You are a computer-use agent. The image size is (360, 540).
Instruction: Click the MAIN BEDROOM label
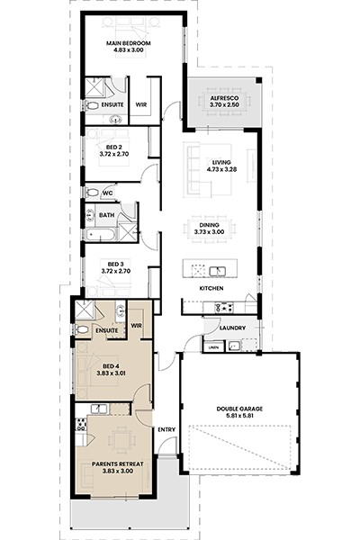[x=128, y=43]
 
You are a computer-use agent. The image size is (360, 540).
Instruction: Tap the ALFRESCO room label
[x=224, y=98]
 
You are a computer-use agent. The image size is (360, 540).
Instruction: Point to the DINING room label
[x=209, y=225]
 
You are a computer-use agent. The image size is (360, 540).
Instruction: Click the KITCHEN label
[x=211, y=289]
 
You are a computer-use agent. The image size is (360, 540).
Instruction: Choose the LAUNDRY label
[x=232, y=328]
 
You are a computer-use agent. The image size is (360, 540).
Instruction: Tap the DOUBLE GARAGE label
[x=239, y=409]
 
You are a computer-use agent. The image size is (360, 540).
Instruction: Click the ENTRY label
[x=166, y=430]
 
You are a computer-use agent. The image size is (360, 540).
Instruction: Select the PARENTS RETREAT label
[x=118, y=464]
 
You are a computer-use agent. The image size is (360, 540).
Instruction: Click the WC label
[x=108, y=193]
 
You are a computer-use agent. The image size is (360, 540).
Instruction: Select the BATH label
[x=107, y=215]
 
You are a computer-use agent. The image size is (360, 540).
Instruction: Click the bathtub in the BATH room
[x=101, y=235]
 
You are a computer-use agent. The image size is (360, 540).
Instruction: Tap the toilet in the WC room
[x=91, y=193]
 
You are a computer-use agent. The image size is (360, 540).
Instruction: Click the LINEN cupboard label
[x=213, y=347]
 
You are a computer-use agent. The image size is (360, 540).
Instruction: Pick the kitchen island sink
[x=218, y=272]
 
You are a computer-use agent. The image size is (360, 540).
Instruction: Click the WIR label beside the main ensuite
[x=141, y=104]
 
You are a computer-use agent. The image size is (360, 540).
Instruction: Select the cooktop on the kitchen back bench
[x=224, y=307]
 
